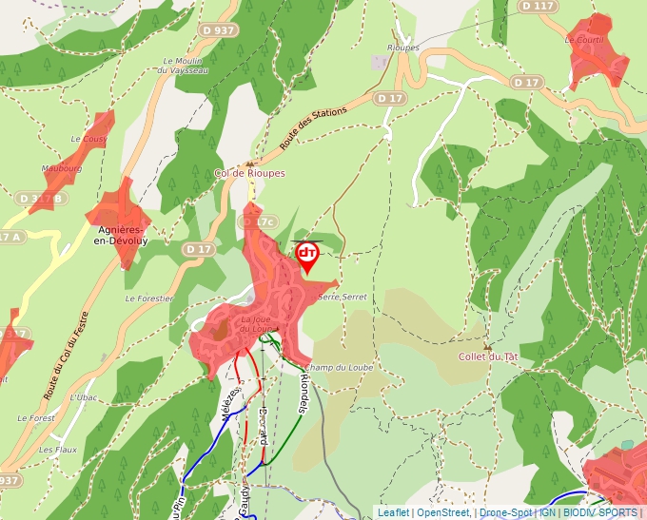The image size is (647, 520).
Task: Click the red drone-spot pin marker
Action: pyautogui.click(x=307, y=255)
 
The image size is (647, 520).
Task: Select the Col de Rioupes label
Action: pyautogui.click(x=249, y=173)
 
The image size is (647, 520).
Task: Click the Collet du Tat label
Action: pyautogui.click(x=488, y=356)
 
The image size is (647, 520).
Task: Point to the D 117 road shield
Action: pyautogui.click(x=539, y=7)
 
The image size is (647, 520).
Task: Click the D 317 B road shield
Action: pyautogui.click(x=40, y=198)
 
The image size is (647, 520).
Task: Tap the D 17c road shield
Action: pyautogui.click(x=256, y=222)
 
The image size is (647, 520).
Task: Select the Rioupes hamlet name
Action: pyautogui.click(x=403, y=47)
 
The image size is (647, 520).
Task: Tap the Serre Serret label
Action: pyautogui.click(x=342, y=298)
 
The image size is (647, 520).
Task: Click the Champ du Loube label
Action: pyautogui.click(x=340, y=367)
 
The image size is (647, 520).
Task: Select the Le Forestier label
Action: pyautogui.click(x=149, y=298)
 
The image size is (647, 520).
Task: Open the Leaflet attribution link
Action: pyautogui.click(x=393, y=512)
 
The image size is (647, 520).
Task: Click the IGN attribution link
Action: pyautogui.click(x=547, y=512)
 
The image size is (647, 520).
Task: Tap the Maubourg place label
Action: pyautogui.click(x=62, y=168)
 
